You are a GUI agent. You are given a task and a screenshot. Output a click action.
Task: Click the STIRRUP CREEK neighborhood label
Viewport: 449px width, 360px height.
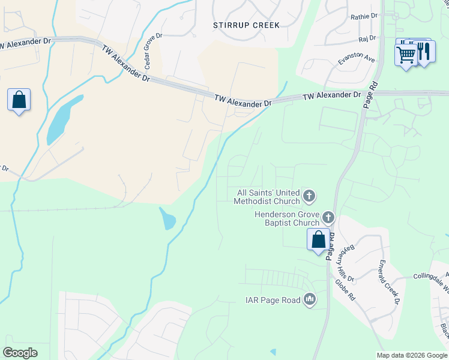(246, 25)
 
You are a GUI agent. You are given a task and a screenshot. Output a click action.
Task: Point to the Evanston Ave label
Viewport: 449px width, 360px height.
(356, 59)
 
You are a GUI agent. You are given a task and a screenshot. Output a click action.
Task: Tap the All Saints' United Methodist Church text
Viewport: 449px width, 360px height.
(268, 197)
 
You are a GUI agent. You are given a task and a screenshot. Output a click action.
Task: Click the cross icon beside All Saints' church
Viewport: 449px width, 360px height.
(309, 196)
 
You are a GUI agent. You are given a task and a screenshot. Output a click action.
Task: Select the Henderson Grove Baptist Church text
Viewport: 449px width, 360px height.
(286, 218)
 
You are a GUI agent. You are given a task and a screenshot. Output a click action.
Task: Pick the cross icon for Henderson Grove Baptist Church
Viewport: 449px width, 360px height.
(328, 217)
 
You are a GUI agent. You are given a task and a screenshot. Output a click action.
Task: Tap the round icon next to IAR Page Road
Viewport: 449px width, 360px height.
(310, 299)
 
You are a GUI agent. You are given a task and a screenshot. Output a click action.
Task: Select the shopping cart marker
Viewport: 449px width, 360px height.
(406, 55)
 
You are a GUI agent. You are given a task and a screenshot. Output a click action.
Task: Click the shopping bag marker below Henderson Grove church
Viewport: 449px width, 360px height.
(318, 239)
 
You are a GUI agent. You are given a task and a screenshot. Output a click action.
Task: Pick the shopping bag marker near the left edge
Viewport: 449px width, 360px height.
(19, 100)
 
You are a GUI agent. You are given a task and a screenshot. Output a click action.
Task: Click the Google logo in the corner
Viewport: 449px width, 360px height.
(20, 353)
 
